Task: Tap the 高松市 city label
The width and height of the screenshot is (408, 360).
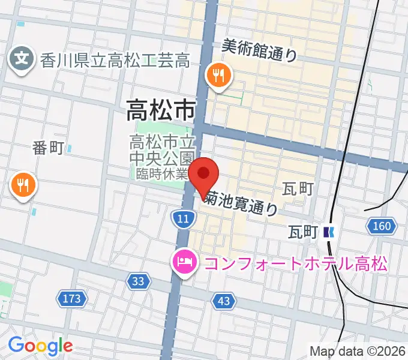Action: (x=161, y=110)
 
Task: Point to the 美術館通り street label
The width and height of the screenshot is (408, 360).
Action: (x=259, y=50)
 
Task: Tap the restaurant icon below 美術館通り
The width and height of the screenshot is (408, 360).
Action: (x=217, y=76)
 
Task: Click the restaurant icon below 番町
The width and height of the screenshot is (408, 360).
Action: (x=23, y=185)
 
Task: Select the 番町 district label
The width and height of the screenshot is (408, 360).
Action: (x=48, y=148)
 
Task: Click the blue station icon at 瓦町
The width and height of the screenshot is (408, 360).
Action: (x=328, y=231)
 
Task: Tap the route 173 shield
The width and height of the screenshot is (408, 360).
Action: (x=73, y=297)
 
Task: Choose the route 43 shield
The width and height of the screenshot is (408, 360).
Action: (x=224, y=302)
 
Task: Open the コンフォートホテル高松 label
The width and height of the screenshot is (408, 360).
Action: (x=294, y=263)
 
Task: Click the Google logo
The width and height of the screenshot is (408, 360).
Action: (x=40, y=346)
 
